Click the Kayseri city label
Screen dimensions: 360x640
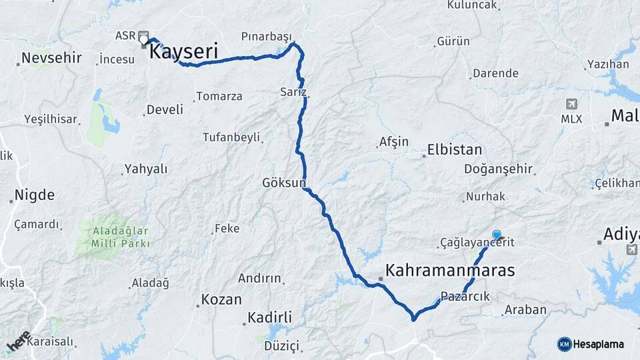(x=184, y=52)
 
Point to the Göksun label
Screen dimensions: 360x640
(x=283, y=182)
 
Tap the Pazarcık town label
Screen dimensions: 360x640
(x=465, y=297)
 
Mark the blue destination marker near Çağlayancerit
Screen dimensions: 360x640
(x=497, y=235)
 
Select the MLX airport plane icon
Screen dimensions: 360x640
(x=571, y=104)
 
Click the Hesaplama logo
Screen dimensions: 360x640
(x=591, y=344)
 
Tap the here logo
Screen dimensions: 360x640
(x=19, y=341)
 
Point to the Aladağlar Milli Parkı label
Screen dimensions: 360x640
(x=121, y=237)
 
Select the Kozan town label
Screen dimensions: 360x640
(x=221, y=299)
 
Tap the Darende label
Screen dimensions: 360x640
(x=495, y=73)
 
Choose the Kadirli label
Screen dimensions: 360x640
(x=270, y=317)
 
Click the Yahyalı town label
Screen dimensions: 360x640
(x=146, y=169)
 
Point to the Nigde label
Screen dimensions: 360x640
(x=35, y=195)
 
